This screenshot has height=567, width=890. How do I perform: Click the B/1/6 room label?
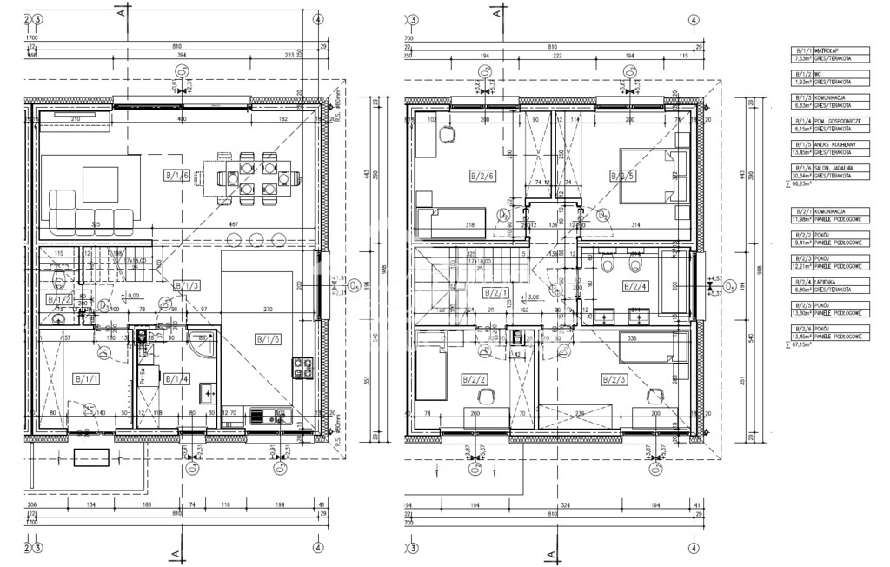(176, 177)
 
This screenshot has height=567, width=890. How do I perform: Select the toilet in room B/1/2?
(59, 280)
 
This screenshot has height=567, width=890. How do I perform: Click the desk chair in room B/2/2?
(485, 396)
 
